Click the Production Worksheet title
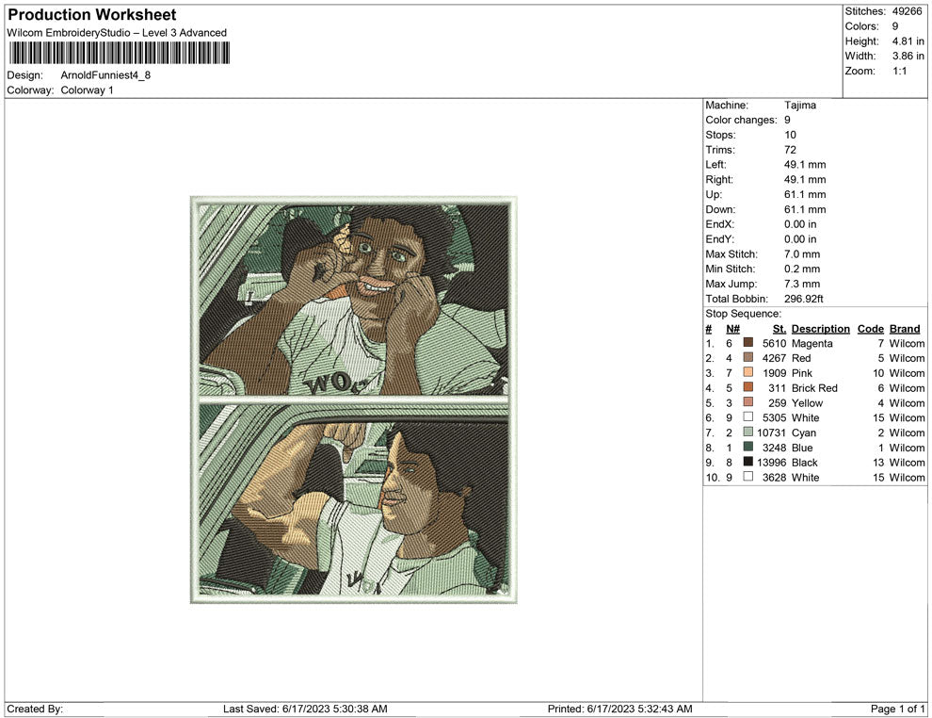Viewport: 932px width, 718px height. click(92, 15)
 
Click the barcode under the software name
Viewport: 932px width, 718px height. click(119, 53)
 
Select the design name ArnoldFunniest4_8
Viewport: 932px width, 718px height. click(105, 75)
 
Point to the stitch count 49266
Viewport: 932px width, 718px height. click(907, 11)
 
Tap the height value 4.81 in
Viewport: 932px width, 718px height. click(908, 41)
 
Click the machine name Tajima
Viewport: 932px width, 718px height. click(800, 106)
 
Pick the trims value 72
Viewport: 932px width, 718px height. click(790, 150)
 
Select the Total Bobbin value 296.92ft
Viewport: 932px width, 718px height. click(804, 299)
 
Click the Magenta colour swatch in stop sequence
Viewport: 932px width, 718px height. click(748, 343)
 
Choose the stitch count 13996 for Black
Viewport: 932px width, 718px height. click(772, 463)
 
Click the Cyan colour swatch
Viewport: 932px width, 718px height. click(748, 432)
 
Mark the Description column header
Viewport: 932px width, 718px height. click(821, 329)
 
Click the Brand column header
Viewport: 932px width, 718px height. click(905, 329)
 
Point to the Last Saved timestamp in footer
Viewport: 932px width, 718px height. click(305, 709)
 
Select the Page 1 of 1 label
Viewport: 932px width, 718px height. click(897, 709)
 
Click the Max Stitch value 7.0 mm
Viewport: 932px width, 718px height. click(802, 254)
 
